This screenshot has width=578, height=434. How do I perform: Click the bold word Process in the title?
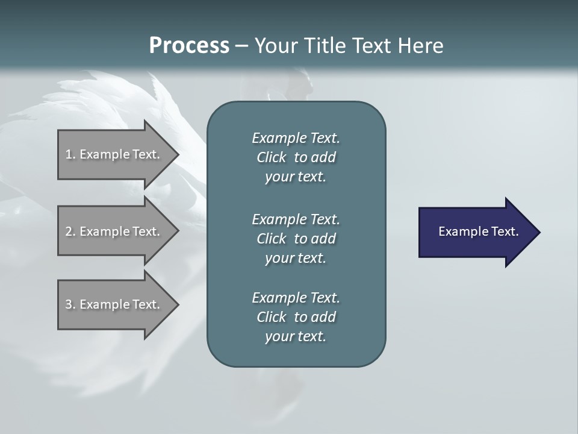coord(189,46)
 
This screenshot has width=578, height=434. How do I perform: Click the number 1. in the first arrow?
coord(70,154)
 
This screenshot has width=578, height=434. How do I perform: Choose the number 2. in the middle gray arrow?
coord(70,231)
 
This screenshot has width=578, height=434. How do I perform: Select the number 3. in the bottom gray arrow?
coord(70,304)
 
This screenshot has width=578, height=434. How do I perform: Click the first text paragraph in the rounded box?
coord(296,157)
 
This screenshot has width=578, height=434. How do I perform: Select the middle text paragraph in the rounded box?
coord(296,239)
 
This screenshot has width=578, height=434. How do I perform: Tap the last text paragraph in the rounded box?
coord(296,317)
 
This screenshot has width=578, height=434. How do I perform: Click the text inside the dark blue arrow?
coord(478,231)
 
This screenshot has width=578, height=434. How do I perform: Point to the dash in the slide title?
coord(241,46)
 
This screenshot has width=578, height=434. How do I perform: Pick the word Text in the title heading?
coord(371,46)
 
